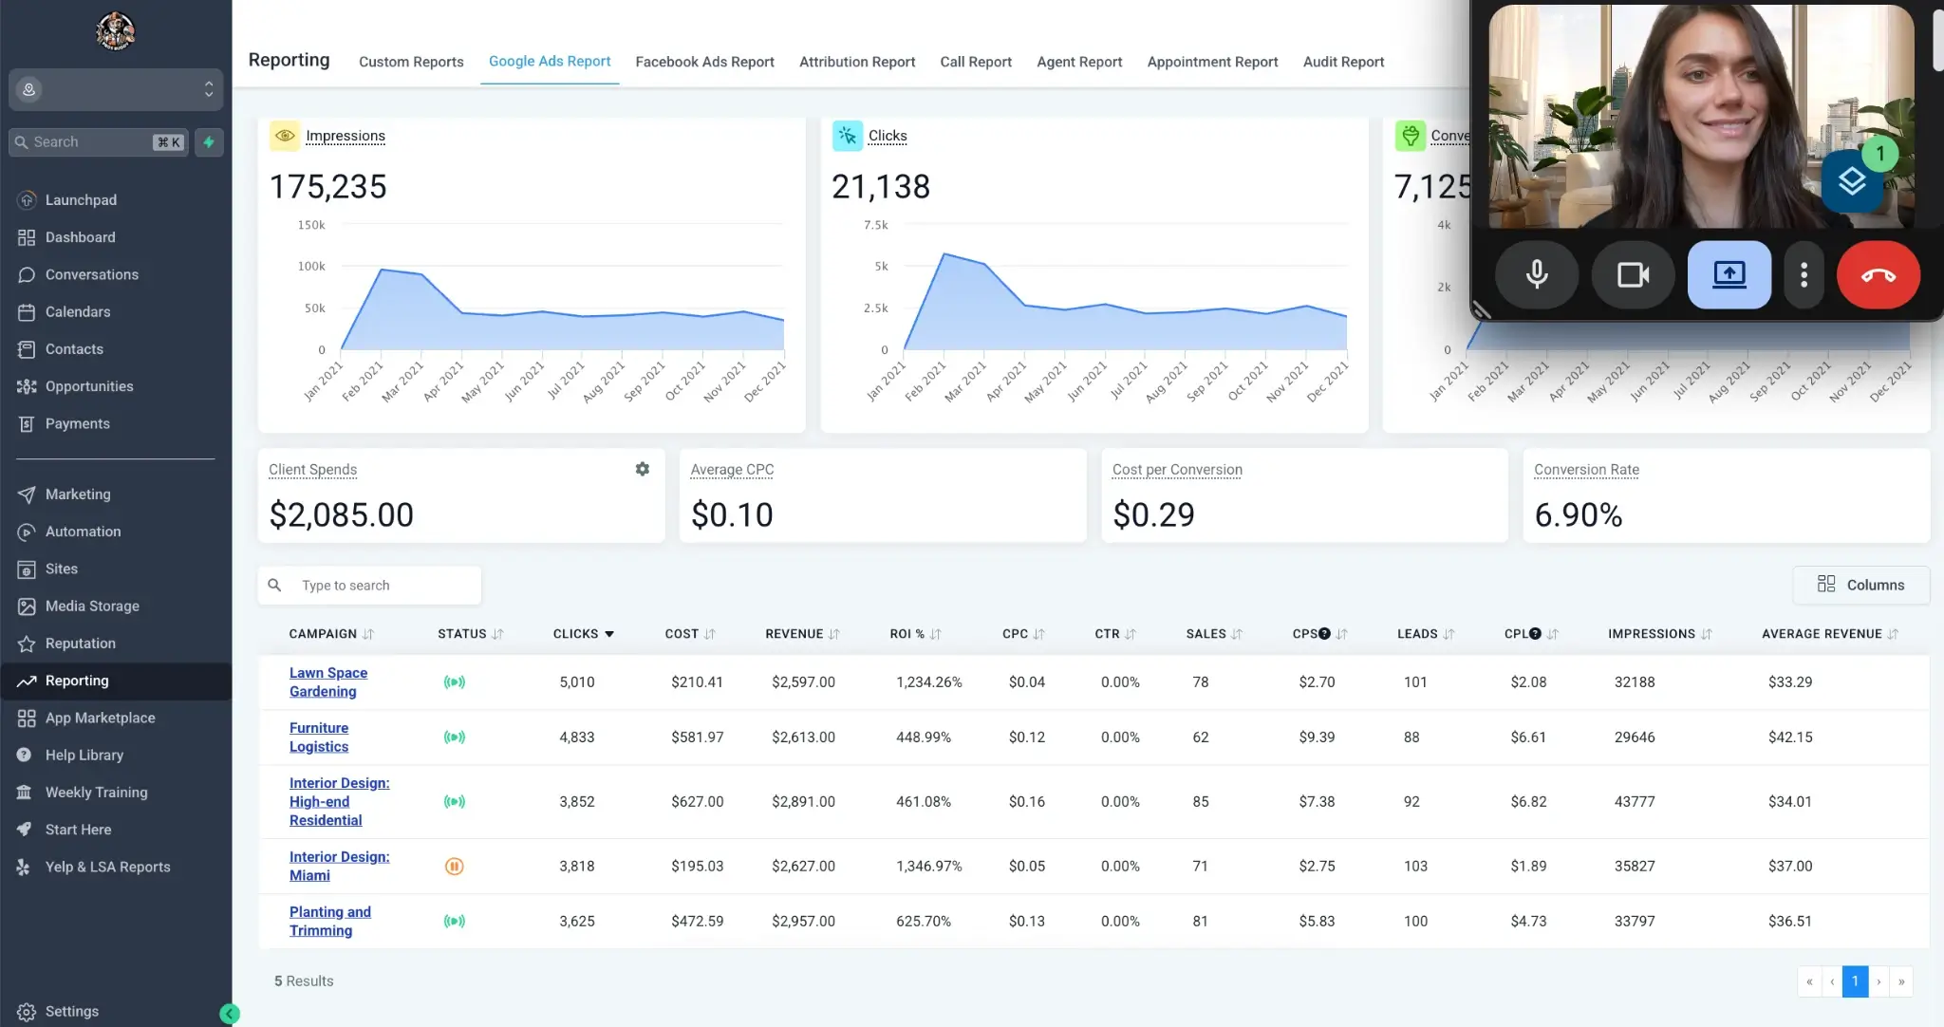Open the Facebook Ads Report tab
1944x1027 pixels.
[704, 62]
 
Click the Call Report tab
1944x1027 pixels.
[975, 62]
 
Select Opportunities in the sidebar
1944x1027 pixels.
[89, 386]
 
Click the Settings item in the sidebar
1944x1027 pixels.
[71, 1011]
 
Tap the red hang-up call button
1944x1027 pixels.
[1878, 275]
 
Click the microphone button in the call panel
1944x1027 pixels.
[1536, 275]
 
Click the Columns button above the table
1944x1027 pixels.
[1860, 585]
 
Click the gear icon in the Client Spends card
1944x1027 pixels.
[643, 469]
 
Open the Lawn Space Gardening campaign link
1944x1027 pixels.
[327, 682]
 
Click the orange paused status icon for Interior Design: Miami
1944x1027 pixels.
[454, 866]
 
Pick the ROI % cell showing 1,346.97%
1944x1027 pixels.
[928, 866]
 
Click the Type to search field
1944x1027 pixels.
[380, 586]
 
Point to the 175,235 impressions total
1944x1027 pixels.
[327, 187]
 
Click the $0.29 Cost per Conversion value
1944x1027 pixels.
[1153, 514]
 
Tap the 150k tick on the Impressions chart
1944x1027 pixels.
[311, 225]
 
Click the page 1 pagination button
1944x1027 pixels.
[1854, 981]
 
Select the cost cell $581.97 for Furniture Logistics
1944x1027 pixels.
[697, 737]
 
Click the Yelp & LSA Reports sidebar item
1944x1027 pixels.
[107, 867]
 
